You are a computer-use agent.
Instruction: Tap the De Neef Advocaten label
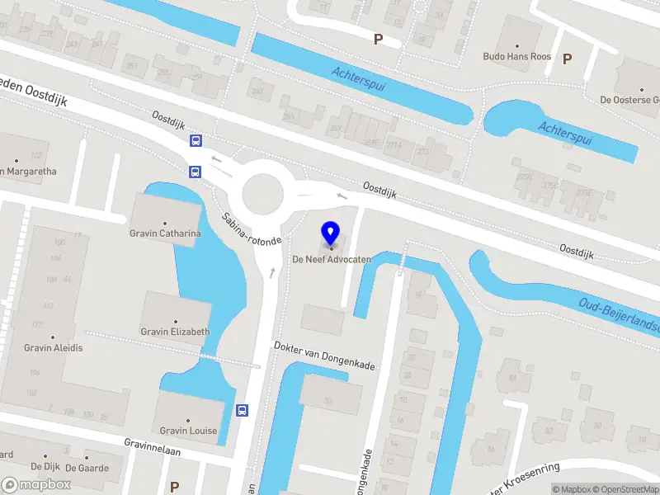tap(332, 259)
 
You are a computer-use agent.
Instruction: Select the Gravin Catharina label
tap(165, 233)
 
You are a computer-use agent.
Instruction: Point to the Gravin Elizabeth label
tap(175, 332)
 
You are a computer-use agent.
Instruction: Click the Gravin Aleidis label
tap(54, 347)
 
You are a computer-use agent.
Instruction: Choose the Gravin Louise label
tap(188, 431)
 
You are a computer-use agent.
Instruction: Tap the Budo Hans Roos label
tap(516, 57)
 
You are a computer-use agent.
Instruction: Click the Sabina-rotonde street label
tap(252, 228)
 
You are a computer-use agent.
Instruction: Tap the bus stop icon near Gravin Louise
tap(242, 410)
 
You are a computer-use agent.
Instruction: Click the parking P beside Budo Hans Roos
tap(567, 59)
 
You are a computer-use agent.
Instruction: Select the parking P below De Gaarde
tap(174, 487)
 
